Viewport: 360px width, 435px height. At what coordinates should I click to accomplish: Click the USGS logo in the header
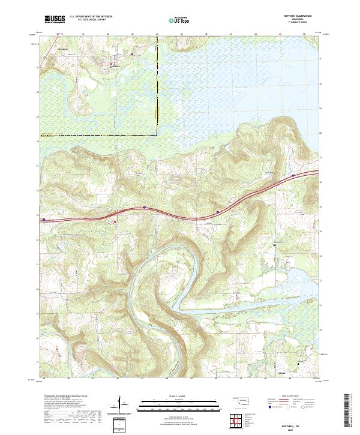pos(55,19)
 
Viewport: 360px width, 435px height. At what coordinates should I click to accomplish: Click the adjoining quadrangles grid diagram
pos(236,419)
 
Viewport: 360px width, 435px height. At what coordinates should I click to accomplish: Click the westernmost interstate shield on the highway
pos(44,220)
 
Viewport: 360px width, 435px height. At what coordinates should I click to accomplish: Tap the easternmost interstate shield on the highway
pos(293,175)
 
